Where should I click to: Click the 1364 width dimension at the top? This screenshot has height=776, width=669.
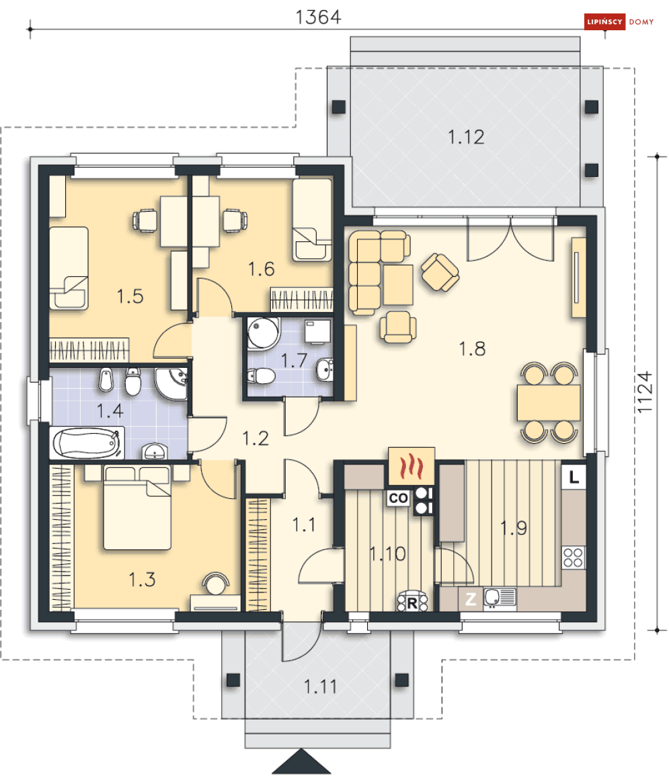(318, 17)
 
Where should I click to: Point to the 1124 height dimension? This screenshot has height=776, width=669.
(645, 392)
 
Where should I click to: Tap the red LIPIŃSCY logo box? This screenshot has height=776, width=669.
(604, 22)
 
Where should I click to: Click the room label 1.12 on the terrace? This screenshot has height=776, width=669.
(466, 137)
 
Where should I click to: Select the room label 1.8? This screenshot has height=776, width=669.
(472, 349)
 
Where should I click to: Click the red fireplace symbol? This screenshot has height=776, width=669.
(411, 466)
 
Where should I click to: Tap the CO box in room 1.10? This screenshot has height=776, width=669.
(398, 498)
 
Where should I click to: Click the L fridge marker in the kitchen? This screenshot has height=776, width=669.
(574, 477)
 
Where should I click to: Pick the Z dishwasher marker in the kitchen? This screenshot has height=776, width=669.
(470, 599)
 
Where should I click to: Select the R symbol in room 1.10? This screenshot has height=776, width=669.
(412, 603)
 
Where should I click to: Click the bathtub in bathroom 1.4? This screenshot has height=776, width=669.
(87, 443)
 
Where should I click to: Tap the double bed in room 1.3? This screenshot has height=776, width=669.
(137, 508)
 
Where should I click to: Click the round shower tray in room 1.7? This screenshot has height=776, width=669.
(264, 333)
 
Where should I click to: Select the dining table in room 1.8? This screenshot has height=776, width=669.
(549, 402)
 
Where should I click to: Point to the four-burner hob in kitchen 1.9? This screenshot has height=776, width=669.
(574, 557)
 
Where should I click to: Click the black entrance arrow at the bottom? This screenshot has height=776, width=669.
(301, 761)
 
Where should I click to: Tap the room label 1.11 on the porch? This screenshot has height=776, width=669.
(320, 687)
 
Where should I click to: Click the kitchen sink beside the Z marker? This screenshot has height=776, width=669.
(500, 598)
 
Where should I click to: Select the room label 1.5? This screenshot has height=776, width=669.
(130, 297)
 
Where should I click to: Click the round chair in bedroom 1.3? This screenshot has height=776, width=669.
(215, 583)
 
